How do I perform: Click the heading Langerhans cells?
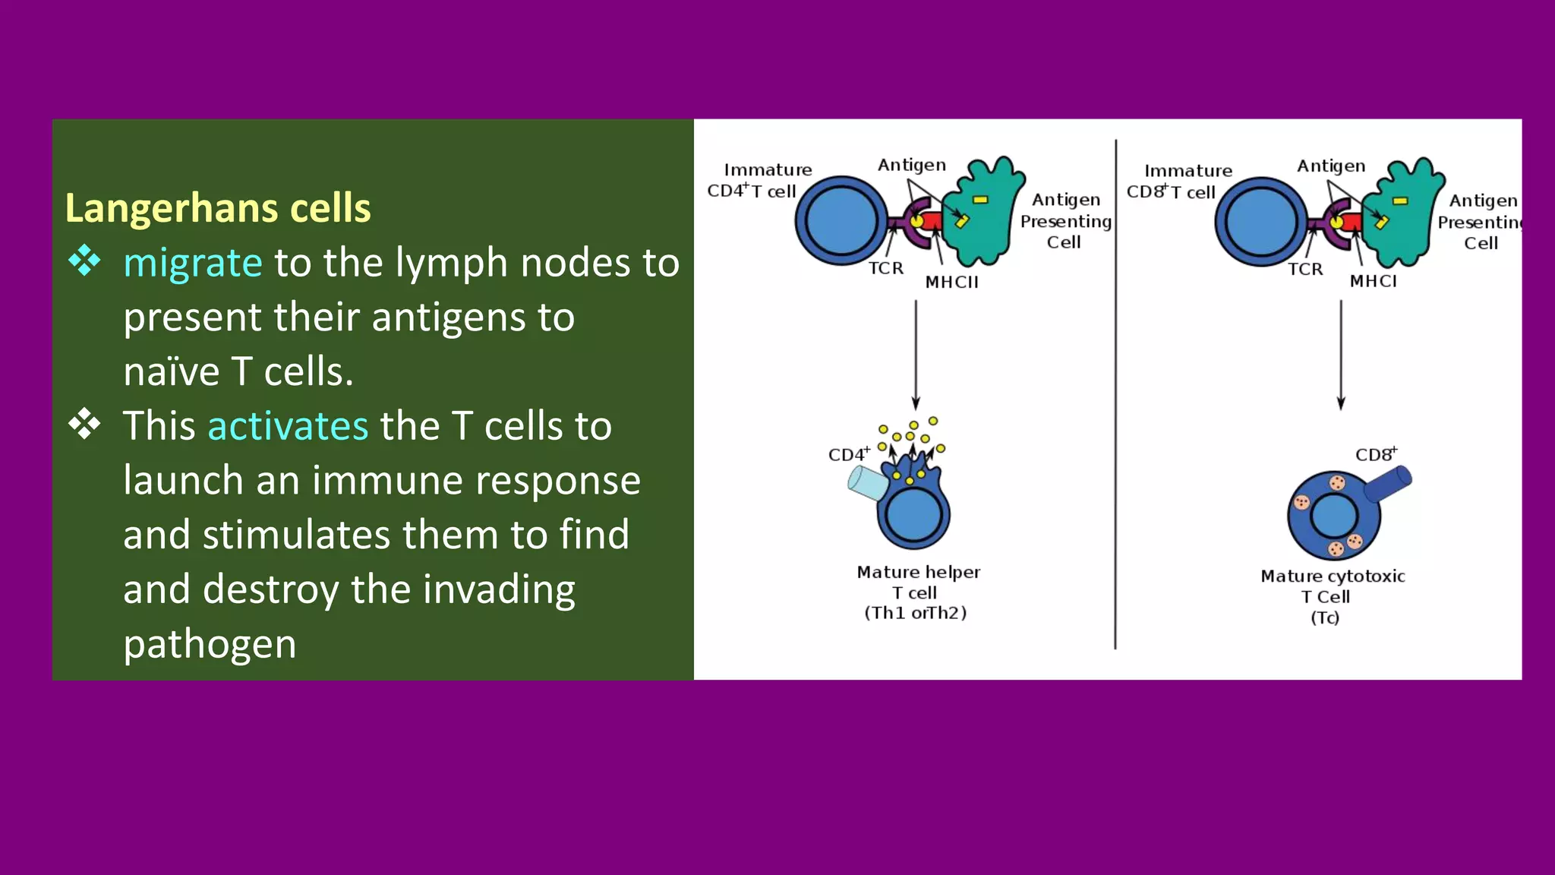coord(218,208)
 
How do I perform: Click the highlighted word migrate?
coord(193,263)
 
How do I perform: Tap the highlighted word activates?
coord(288,425)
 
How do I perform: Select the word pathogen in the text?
coord(210,644)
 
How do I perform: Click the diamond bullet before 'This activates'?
coord(84,424)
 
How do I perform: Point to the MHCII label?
coord(951,282)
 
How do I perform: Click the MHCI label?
coord(1373,281)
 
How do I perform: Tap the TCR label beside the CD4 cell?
coord(886,268)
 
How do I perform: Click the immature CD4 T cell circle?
coord(841,221)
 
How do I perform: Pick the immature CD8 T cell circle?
coord(1260,222)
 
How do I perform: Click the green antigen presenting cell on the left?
coord(983,216)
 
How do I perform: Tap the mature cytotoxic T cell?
coord(1333,516)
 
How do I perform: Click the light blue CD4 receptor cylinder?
coord(867,483)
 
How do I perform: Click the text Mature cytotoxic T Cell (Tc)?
coord(1333,596)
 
